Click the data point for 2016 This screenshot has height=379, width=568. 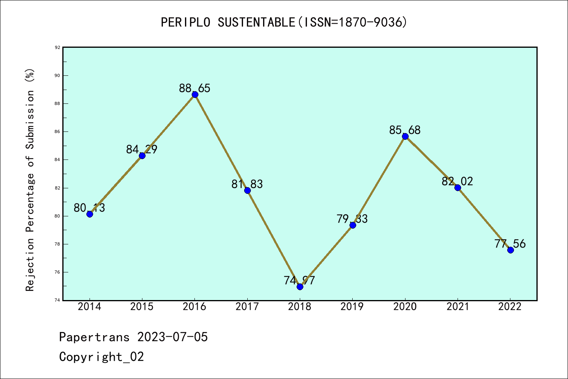click(195, 94)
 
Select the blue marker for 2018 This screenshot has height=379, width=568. click(300, 287)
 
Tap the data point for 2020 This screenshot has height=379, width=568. click(405, 136)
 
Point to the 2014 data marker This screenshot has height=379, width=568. click(90, 214)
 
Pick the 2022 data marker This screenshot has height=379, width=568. click(510, 250)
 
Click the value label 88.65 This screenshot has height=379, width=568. click(195, 88)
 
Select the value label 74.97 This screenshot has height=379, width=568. click(299, 280)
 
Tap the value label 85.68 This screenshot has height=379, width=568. click(405, 130)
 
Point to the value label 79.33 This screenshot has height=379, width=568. click(352, 219)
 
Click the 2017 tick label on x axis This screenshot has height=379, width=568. click(247, 307)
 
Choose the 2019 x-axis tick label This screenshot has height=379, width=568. click(352, 307)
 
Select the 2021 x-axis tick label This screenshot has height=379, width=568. click(458, 307)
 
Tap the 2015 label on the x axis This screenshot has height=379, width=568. click(142, 307)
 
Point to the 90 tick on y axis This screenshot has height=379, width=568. click(58, 75)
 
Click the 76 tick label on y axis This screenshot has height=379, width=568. click(58, 272)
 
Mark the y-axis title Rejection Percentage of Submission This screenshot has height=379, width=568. click(30, 180)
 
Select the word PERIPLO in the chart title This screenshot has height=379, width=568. click(187, 22)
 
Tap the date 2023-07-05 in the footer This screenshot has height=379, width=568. click(172, 337)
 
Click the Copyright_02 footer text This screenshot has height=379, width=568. click(101, 356)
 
